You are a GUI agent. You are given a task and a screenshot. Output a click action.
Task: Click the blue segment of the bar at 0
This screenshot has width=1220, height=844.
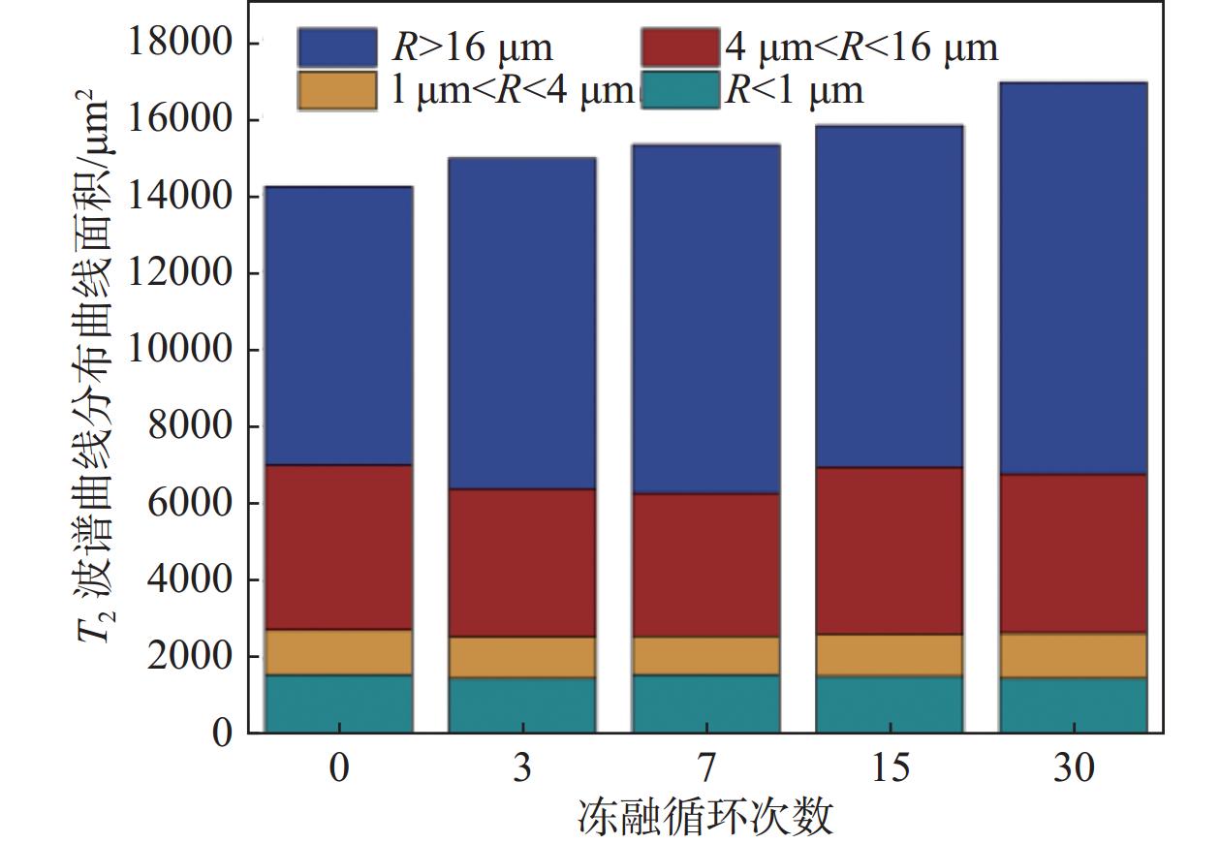(338, 326)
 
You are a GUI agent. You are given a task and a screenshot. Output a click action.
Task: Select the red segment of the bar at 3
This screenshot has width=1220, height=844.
(521, 562)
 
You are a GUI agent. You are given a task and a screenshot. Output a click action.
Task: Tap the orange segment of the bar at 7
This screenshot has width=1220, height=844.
(705, 656)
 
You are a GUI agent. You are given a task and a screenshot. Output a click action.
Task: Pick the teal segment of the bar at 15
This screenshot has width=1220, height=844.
(889, 703)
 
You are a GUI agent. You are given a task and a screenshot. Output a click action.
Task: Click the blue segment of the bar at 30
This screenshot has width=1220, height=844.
(1073, 278)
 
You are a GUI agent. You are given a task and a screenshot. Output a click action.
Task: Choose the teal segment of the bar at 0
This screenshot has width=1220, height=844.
(338, 703)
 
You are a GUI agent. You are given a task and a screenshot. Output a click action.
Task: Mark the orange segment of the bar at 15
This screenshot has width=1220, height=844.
(889, 655)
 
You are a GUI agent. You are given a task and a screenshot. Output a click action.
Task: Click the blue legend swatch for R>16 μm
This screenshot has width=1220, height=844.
(336, 47)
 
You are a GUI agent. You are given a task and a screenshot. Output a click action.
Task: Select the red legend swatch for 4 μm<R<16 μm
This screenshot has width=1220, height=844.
(680, 47)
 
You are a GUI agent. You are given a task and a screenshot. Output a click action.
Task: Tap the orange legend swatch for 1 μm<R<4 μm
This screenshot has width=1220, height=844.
(336, 90)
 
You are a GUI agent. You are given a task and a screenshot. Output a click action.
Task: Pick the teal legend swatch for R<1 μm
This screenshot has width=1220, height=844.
(680, 90)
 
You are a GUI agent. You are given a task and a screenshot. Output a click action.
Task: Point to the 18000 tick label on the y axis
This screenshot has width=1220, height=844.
(181, 43)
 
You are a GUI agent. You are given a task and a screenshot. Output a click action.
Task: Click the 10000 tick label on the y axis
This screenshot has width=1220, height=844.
(181, 350)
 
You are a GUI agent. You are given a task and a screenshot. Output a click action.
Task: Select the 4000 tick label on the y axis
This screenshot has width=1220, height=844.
(191, 579)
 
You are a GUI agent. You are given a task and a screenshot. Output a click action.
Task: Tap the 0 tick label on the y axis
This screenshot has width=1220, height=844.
(223, 734)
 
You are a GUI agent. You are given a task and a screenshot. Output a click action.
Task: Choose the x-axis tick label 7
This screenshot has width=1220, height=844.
(705, 768)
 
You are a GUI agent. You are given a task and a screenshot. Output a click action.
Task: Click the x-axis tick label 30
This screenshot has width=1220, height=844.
(1073, 768)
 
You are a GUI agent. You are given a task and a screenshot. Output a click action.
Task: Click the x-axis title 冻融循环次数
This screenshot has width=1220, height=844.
(705, 817)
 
